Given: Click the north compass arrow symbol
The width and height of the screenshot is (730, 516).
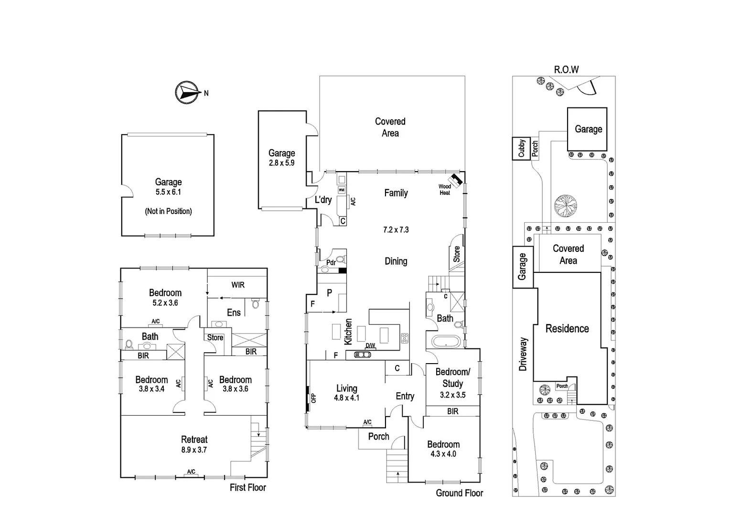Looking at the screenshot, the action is click(187, 93).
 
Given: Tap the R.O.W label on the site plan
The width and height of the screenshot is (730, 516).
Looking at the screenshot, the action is click(566, 70).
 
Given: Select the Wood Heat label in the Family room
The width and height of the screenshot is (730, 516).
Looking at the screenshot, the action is click(445, 190).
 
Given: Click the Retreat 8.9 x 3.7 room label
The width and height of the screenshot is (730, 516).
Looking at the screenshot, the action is click(194, 444).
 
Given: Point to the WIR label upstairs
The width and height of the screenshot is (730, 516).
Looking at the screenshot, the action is click(238, 285).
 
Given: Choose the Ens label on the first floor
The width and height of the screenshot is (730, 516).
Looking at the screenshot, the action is click(234, 312).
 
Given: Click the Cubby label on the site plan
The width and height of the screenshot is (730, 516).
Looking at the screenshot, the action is click(521, 148).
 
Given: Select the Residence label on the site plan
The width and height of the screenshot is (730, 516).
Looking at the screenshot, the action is click(567, 329).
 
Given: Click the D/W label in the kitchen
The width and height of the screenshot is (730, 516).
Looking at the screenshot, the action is click(370, 345).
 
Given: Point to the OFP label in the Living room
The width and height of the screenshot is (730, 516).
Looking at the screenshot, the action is click(314, 398).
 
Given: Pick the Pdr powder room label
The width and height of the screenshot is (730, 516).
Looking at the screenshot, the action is click(331, 263).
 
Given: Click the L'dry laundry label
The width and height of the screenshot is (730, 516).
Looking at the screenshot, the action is click(323, 200).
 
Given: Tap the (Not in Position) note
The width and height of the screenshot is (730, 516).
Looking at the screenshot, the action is click(168, 211).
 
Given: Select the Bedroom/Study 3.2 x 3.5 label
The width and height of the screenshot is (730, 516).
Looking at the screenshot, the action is click(452, 383).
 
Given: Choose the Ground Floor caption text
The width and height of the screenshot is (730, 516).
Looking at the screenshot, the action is click(459, 493).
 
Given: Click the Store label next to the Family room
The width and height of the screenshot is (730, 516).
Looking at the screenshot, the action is click(457, 254).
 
